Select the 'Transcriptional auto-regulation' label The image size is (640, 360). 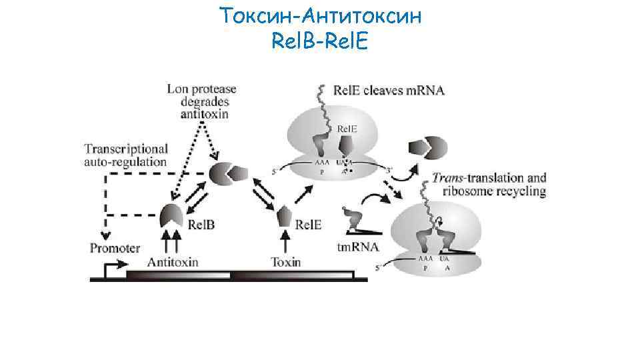click(126, 154)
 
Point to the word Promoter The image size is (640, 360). click(115, 248)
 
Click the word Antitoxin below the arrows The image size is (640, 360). click(173, 262)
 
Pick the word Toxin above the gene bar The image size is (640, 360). click(286, 262)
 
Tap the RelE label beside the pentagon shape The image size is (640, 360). click(308, 225)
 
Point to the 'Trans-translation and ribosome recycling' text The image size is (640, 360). click(489, 185)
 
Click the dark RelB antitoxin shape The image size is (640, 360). click(171, 215)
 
